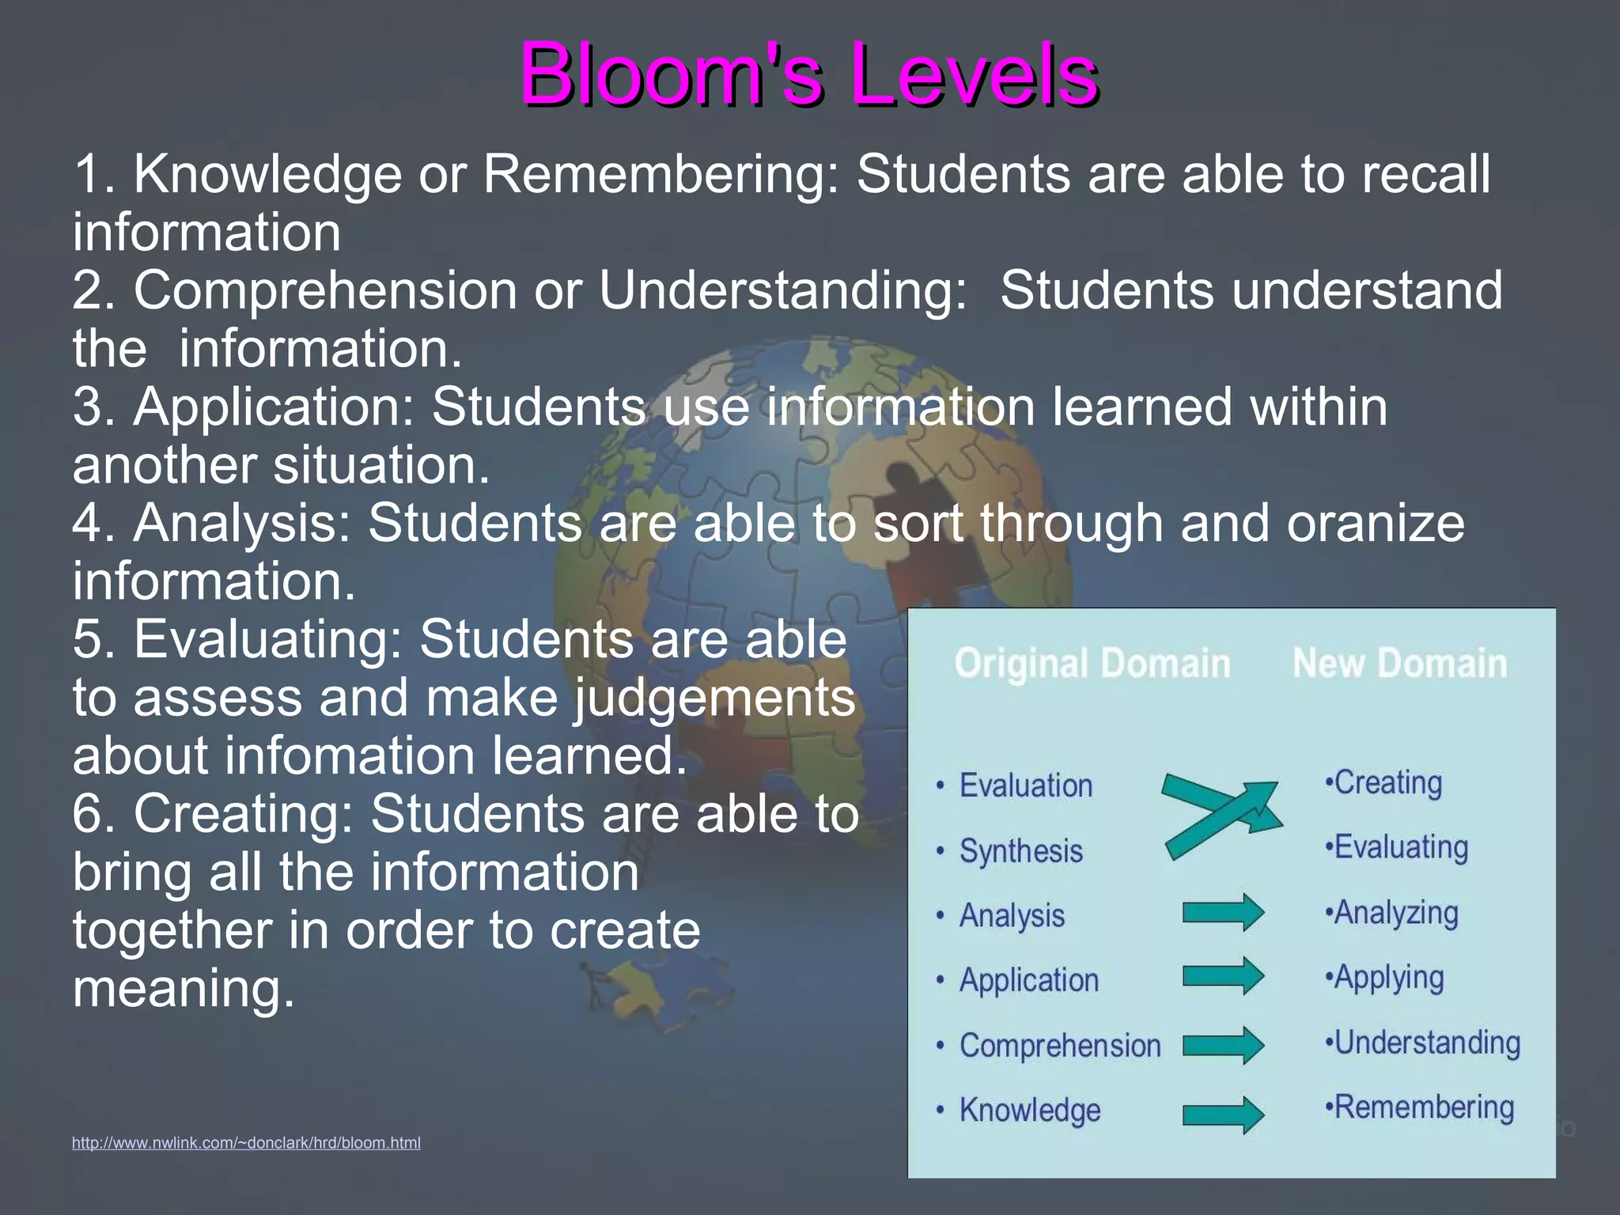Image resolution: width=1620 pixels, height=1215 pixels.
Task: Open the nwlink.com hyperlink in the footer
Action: (246, 1142)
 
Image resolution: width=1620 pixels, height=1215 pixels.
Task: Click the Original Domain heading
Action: (1092, 663)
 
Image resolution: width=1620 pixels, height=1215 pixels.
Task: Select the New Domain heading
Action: (1399, 663)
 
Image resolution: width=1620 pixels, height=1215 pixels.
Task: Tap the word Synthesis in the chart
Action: (1020, 851)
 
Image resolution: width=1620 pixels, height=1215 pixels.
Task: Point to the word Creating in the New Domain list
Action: (1387, 783)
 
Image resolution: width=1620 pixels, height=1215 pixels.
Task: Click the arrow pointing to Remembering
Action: (1223, 1115)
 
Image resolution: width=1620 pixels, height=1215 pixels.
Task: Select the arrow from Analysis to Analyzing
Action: (1223, 913)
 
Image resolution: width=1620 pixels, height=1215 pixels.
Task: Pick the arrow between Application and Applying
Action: (1223, 976)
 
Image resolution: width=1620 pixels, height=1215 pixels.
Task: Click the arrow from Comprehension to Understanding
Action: (1223, 1045)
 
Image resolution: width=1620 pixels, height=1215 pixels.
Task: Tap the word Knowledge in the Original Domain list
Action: (1029, 1110)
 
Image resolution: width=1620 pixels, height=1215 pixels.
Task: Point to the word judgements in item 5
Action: (715, 698)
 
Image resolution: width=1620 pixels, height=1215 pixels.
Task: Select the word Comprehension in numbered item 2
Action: (325, 290)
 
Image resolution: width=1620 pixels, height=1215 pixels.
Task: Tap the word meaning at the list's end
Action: (184, 988)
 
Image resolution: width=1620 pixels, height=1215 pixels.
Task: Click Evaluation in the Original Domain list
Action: (1025, 785)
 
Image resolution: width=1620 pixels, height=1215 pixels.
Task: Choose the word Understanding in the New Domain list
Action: (1426, 1043)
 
